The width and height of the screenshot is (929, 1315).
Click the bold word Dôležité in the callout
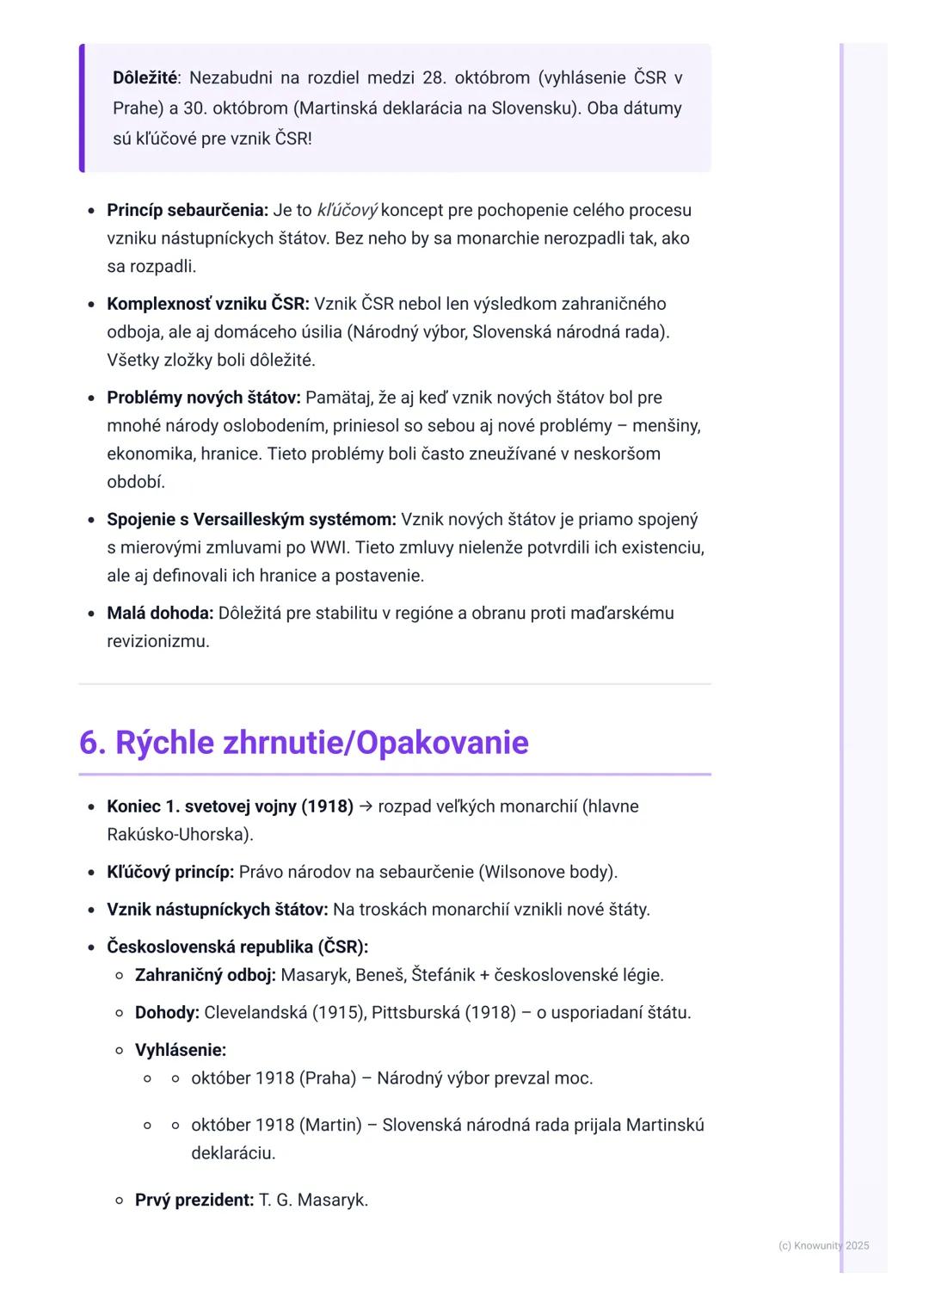[x=145, y=78]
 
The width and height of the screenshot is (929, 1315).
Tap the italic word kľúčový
[x=347, y=211]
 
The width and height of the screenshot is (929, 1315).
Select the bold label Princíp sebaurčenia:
[x=188, y=211]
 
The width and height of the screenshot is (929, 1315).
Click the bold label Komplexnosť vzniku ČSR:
[x=208, y=304]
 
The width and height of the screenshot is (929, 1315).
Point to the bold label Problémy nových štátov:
[x=204, y=398]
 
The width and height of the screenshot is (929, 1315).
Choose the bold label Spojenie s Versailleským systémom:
[x=251, y=520]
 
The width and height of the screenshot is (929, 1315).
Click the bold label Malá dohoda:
[x=160, y=614]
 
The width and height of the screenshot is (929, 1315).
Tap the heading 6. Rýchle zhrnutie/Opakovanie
[x=304, y=743]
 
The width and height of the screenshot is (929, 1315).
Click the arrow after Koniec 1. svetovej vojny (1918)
[x=366, y=807]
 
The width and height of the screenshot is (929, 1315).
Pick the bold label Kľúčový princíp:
[x=170, y=873]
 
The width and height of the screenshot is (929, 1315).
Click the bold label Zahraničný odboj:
[x=206, y=976]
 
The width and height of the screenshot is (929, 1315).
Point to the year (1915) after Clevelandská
[x=339, y=1013]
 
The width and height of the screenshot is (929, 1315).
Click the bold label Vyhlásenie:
[x=181, y=1051]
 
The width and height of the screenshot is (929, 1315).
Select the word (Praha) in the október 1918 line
[x=328, y=1078]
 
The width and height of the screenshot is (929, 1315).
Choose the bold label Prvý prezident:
[x=194, y=1201]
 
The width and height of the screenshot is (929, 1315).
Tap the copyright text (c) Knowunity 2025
[x=823, y=1246]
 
